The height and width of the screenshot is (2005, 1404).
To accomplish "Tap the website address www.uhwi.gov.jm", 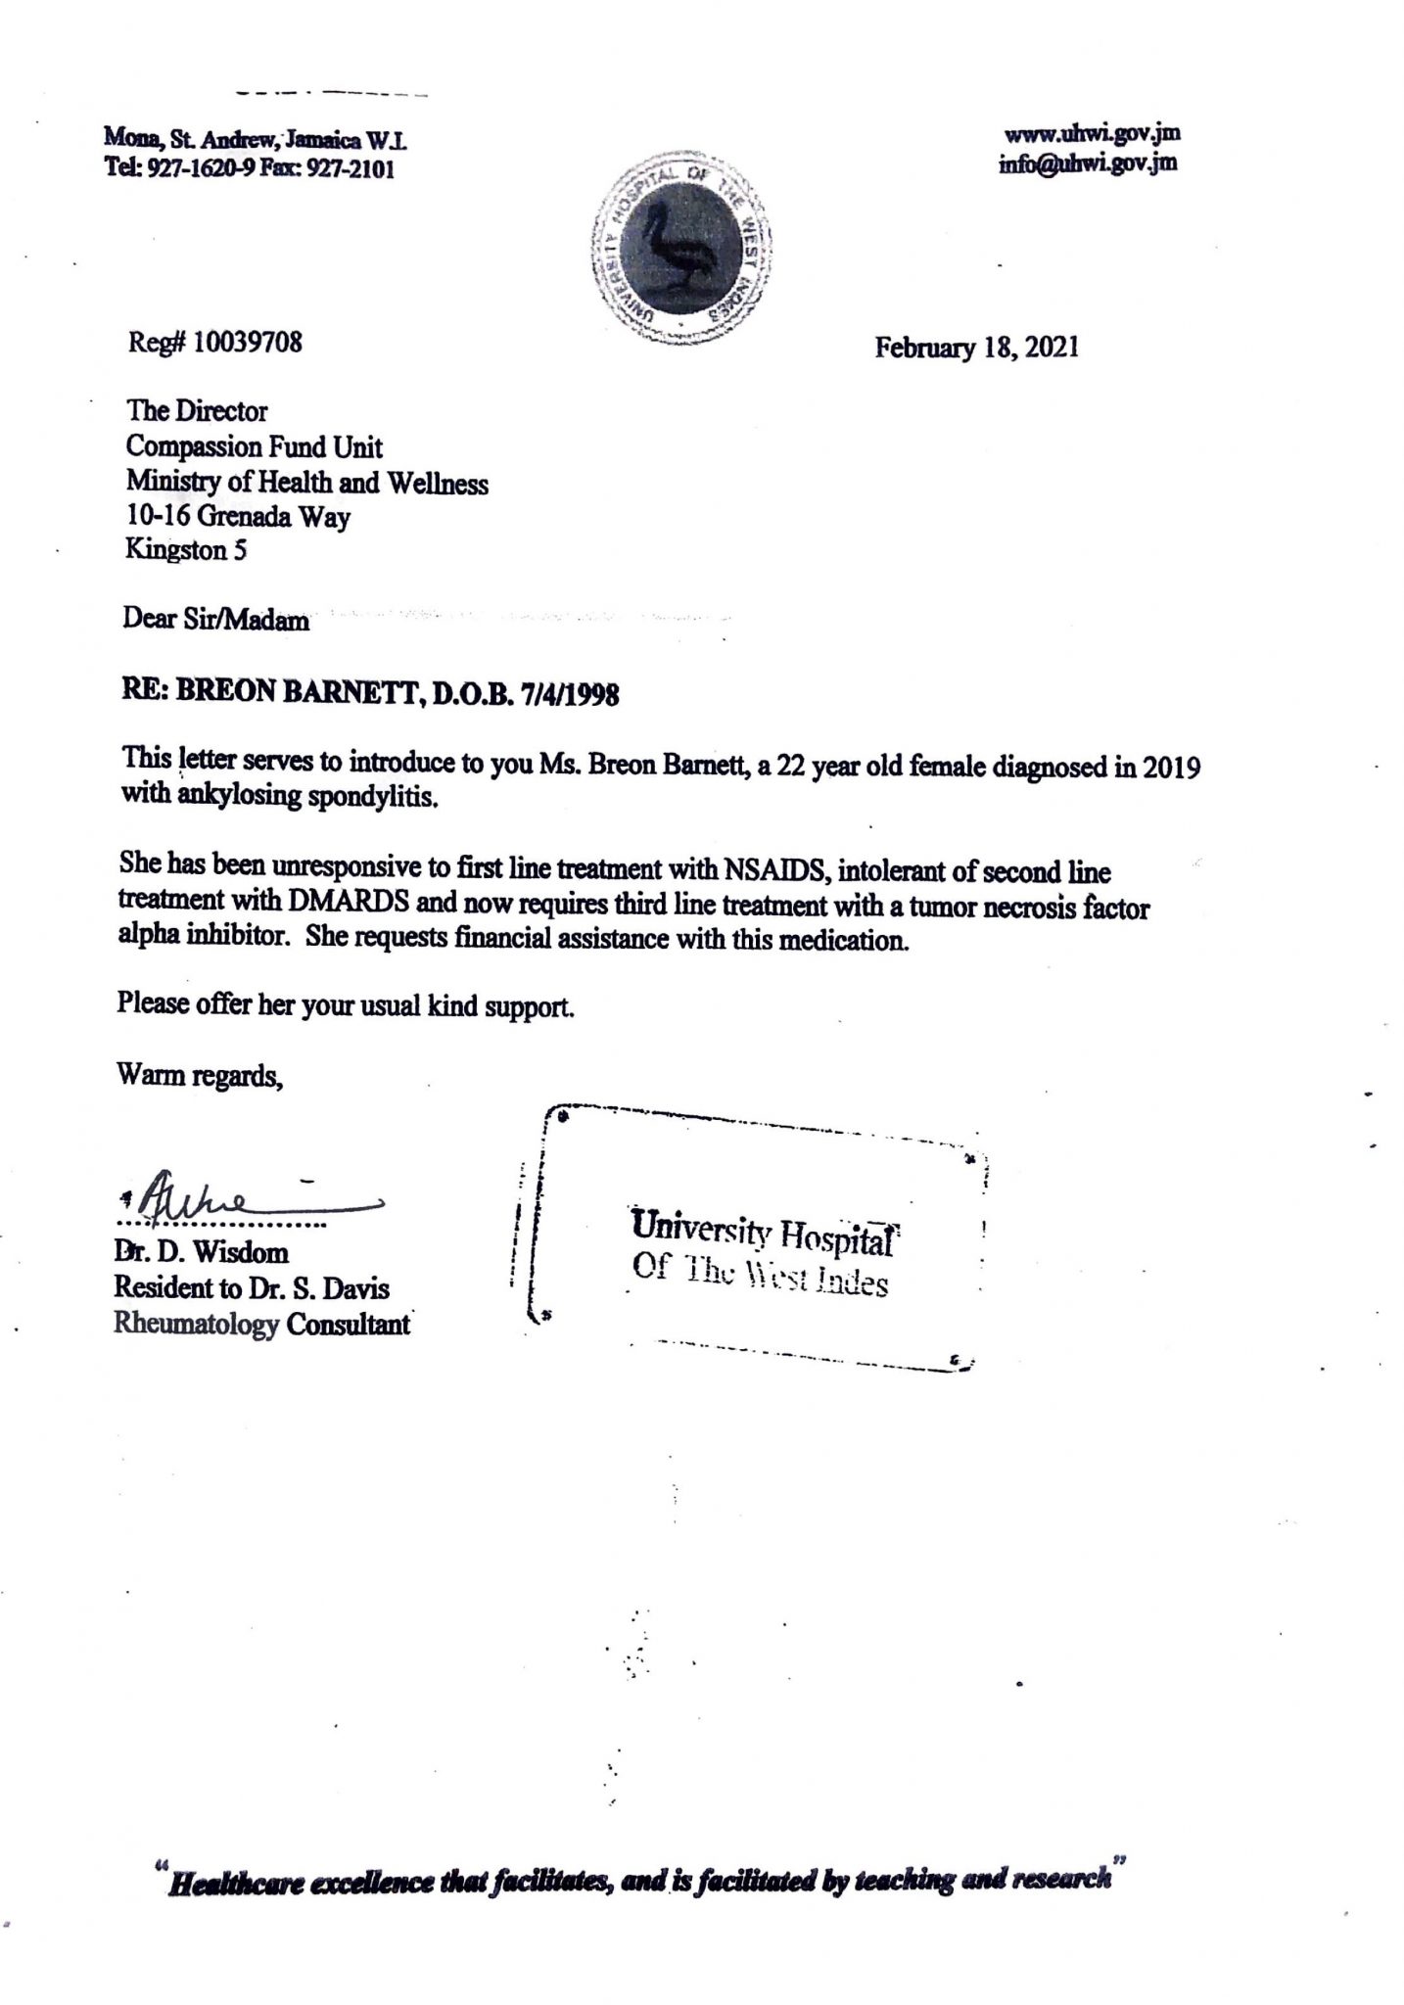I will (1092, 134).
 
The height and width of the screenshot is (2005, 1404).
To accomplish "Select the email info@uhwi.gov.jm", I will (1088, 163).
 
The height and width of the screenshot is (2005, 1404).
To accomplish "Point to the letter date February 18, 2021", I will (977, 348).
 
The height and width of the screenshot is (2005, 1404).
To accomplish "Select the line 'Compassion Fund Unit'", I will (255, 447).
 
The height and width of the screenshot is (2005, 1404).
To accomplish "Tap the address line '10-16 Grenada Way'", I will (238, 516).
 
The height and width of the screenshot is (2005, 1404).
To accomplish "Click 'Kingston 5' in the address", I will (186, 550).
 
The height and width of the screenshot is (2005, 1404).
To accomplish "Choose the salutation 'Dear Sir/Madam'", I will (216, 620).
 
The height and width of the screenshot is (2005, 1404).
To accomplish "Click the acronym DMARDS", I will (360, 906).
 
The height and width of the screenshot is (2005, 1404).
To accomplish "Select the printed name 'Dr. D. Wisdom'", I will (201, 1253).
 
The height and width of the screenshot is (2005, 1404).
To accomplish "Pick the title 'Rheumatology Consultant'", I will (261, 1326).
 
